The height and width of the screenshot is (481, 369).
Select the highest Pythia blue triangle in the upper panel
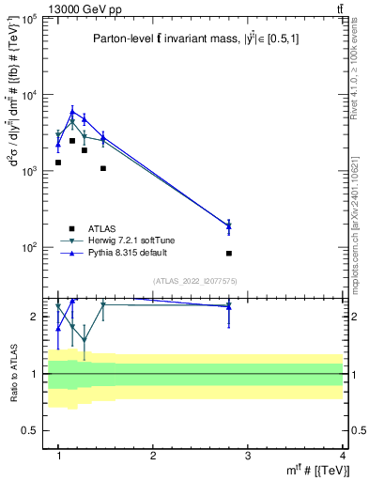coord(72,111)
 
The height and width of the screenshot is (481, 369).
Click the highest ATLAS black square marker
coord(72,141)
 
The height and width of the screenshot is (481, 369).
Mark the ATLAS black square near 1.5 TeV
coord(103,169)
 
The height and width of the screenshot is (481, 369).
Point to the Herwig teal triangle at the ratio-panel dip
coord(85,340)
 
